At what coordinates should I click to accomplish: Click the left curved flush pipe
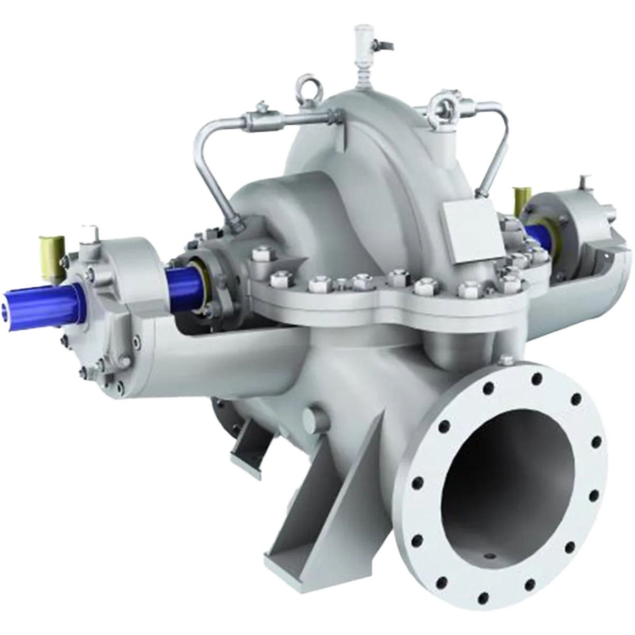pyautogui.click(x=212, y=159)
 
